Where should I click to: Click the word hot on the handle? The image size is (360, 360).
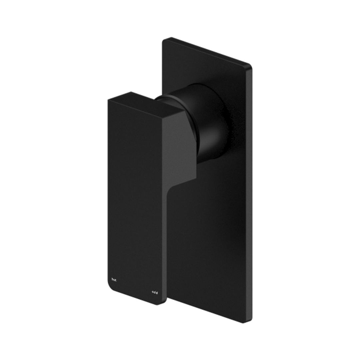[x=114, y=279]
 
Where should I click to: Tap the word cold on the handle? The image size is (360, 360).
[x=155, y=292]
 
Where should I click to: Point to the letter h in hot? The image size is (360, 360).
[x=112, y=279]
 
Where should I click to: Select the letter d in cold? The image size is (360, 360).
[x=157, y=292]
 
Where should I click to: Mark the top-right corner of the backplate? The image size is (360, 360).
[x=250, y=65]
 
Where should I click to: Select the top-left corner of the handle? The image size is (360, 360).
[x=109, y=99]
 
